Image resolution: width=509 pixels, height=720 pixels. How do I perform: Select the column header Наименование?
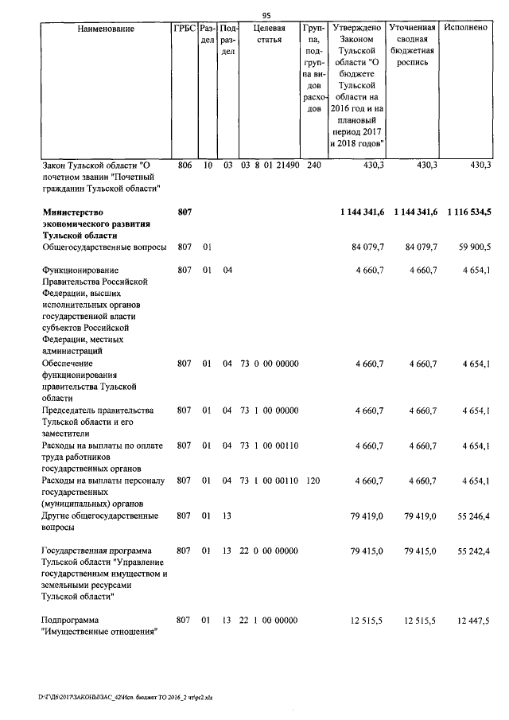point(106,29)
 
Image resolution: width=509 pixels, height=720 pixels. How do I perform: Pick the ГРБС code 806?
point(184,165)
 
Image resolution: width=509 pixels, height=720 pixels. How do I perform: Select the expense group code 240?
point(313,165)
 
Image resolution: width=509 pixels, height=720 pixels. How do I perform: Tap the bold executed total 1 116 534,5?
point(468,211)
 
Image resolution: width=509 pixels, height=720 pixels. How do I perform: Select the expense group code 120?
point(313,480)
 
